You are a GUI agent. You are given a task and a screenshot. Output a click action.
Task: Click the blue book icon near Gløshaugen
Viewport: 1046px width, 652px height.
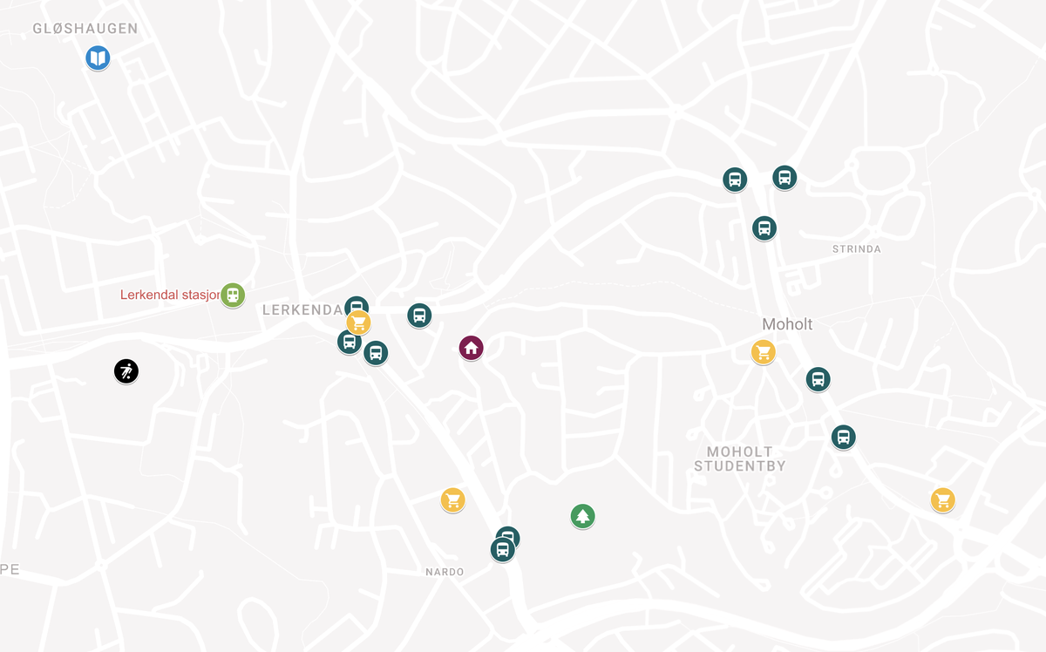98,58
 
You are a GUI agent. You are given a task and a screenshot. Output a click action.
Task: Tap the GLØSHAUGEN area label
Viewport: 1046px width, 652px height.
85,29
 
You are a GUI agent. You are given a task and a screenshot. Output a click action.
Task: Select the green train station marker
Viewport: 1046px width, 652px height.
233,295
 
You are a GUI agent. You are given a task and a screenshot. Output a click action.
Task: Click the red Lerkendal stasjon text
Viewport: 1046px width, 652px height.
170,295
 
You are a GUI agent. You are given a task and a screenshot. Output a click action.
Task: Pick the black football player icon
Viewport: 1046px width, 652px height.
126,372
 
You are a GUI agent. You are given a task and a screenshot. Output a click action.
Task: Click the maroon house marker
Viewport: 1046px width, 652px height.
471,349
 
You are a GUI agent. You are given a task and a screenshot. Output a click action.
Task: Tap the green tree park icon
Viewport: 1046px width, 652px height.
583,517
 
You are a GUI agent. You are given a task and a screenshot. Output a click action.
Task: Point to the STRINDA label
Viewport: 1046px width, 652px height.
856,249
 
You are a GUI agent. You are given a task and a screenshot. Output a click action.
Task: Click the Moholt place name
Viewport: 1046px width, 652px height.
787,324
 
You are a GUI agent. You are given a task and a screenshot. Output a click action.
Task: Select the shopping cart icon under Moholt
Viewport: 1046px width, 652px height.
764,352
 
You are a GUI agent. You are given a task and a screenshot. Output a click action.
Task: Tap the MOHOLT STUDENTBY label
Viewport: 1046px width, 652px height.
739,458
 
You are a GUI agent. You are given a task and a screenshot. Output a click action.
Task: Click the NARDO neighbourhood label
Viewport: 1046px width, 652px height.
445,572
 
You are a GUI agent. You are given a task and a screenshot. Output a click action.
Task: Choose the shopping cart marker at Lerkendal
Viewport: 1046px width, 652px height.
359,323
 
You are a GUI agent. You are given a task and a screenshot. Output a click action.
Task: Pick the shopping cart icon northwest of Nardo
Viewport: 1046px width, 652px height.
452,500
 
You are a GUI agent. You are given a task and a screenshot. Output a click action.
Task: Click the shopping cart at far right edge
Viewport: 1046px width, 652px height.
942,500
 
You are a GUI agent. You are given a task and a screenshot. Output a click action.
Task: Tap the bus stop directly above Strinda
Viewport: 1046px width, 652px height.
764,228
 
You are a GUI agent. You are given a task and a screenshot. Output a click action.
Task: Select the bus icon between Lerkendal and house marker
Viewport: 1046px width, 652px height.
419,316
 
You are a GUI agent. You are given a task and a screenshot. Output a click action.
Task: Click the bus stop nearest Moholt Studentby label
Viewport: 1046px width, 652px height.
843,437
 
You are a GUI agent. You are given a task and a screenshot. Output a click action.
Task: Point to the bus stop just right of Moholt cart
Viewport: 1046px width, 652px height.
818,379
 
